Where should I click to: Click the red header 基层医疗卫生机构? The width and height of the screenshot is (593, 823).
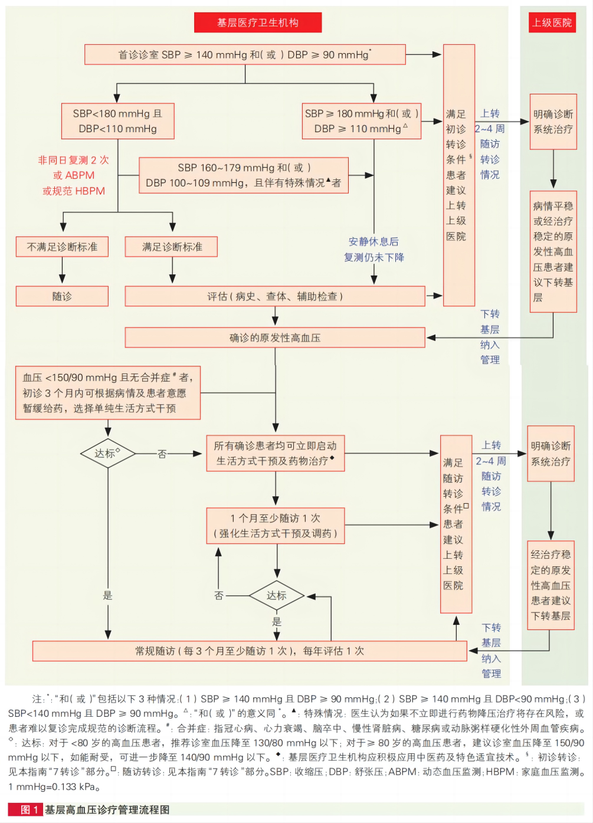click(258, 22)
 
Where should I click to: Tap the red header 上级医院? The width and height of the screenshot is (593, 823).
click(552, 22)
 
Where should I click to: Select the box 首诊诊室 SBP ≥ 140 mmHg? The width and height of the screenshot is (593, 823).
click(245, 54)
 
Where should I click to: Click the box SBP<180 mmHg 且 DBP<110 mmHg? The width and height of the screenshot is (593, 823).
click(117, 121)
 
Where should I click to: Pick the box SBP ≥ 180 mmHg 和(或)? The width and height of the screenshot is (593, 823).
click(361, 121)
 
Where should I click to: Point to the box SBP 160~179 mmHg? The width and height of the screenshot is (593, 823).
click(243, 175)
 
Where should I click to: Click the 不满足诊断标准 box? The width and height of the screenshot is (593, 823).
click(62, 247)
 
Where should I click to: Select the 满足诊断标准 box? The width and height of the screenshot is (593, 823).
click(171, 247)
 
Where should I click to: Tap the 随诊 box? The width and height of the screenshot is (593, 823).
click(62, 296)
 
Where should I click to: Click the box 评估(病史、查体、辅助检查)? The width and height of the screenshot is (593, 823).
click(274, 296)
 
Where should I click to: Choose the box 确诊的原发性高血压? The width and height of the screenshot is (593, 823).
click(274, 337)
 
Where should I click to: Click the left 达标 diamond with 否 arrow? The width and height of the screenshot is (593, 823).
click(107, 453)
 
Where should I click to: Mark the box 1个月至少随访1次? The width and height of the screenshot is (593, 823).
click(275, 525)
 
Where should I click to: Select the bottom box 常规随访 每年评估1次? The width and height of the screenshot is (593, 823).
click(250, 651)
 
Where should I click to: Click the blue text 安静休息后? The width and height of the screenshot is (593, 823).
click(373, 241)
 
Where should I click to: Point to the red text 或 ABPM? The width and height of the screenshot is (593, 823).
click(73, 175)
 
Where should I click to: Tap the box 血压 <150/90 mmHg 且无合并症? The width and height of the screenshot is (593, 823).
click(107, 392)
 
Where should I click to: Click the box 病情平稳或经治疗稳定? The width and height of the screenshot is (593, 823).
click(553, 251)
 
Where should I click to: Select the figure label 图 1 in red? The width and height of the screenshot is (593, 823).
click(25, 809)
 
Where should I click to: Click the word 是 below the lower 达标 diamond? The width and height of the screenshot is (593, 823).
click(277, 621)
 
